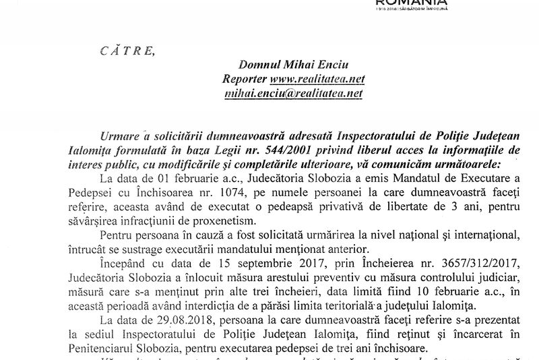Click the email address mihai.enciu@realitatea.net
point(294,94)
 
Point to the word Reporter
point(245,80)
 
